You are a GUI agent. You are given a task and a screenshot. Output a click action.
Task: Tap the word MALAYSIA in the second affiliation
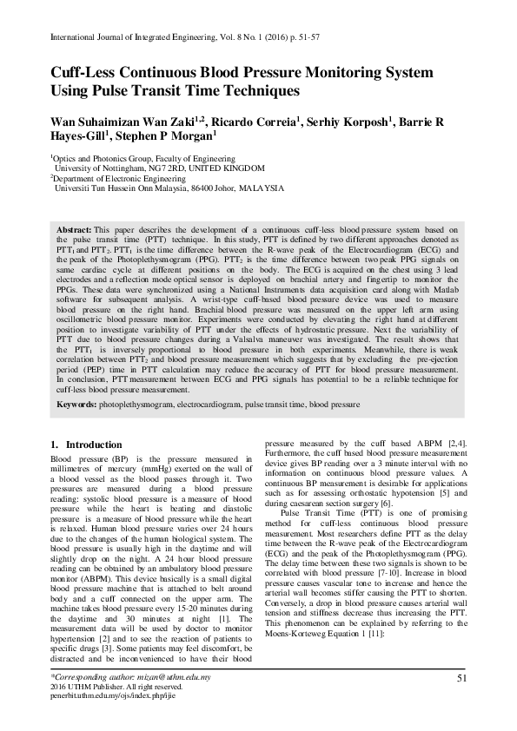click(260, 188)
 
